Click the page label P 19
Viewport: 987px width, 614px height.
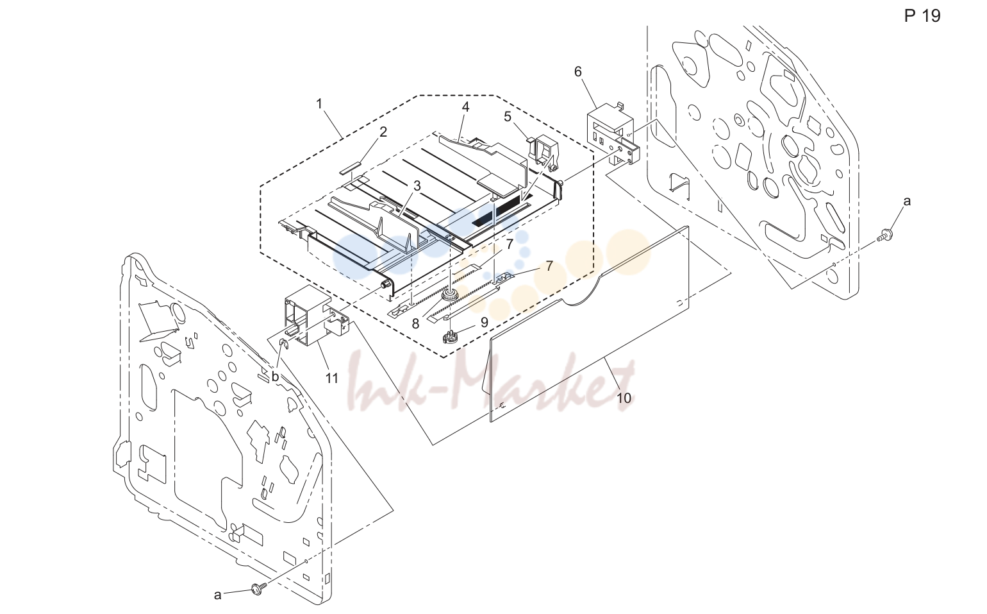coord(922,16)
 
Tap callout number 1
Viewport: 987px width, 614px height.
coord(319,104)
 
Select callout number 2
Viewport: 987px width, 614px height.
coord(383,132)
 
